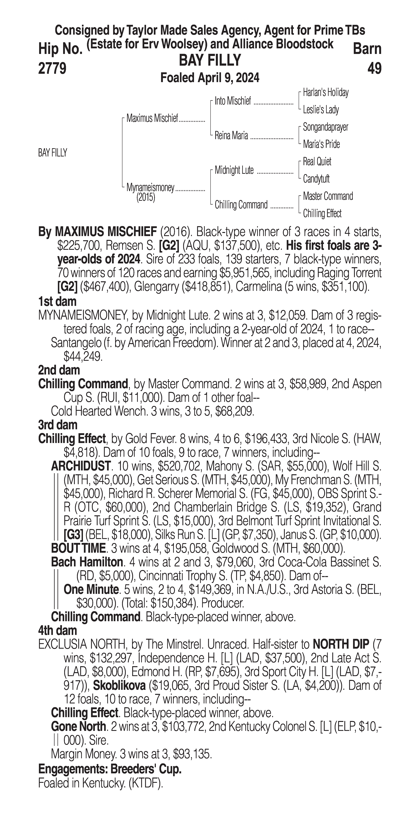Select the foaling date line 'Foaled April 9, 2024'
point(210,78)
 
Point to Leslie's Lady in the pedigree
point(321,110)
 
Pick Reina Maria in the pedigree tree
point(231,135)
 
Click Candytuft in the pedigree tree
point(316,179)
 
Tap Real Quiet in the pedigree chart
point(317,162)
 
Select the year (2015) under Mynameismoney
point(146,197)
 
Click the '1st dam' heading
point(57,302)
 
